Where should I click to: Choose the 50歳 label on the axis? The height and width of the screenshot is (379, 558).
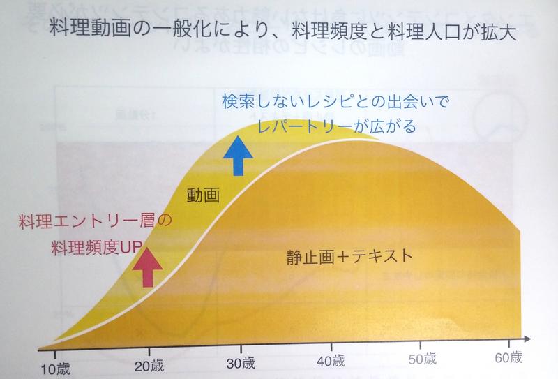(x=421, y=360)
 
